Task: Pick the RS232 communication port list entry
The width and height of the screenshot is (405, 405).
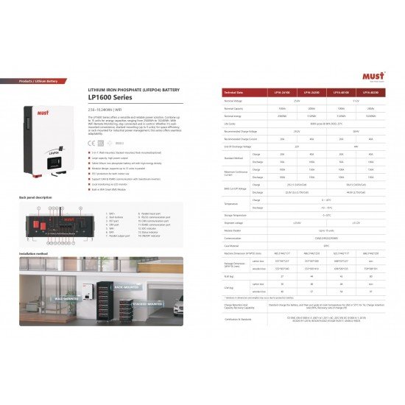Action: coord(155,217)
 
